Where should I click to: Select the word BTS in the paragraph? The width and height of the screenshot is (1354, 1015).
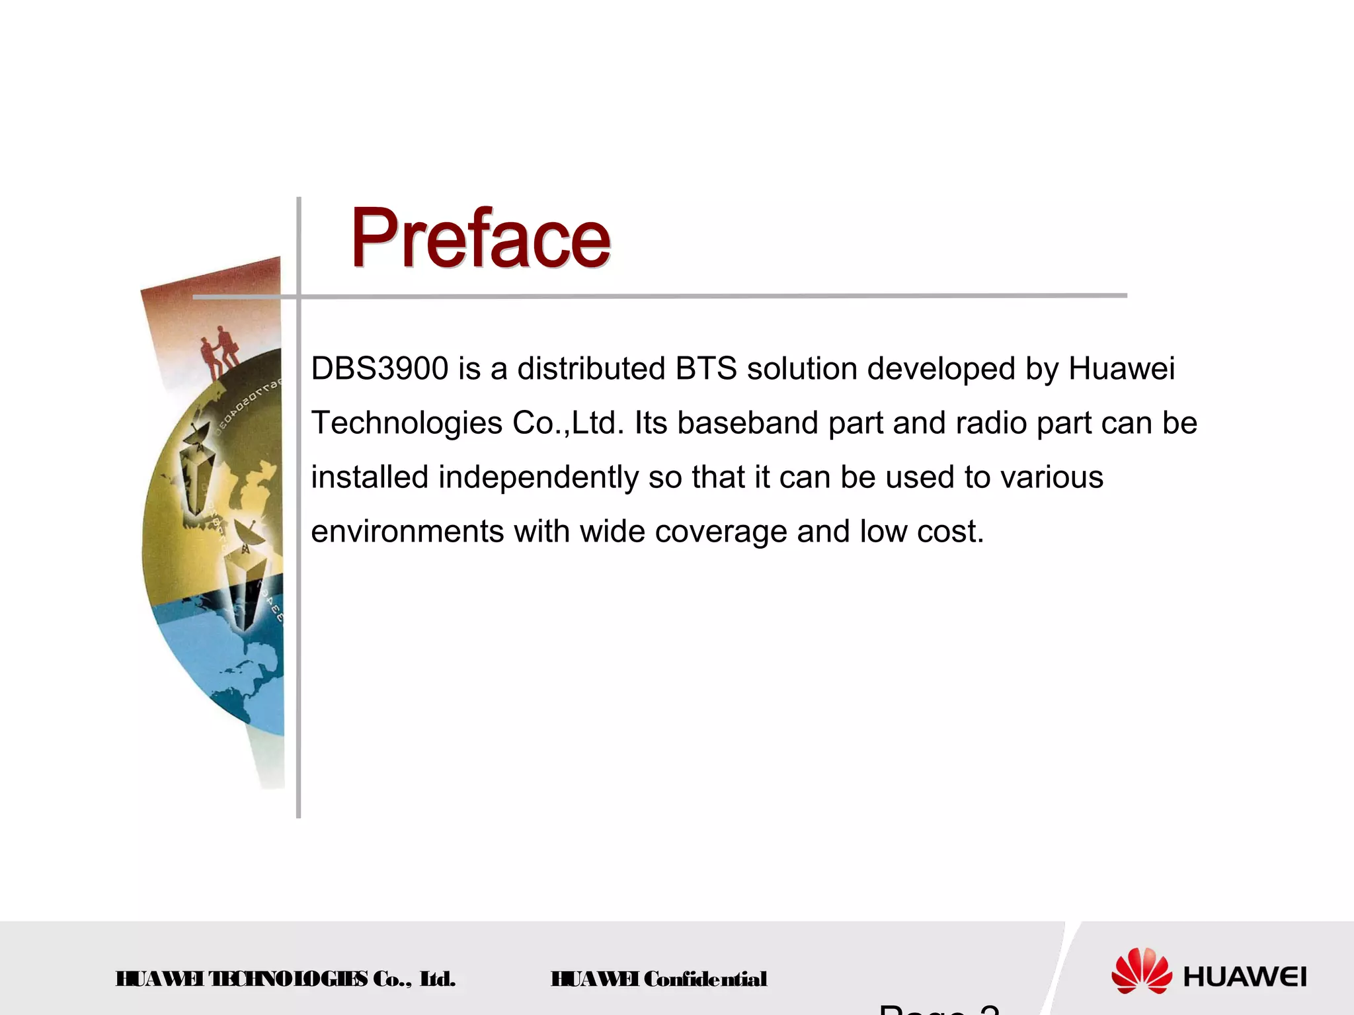tap(705, 369)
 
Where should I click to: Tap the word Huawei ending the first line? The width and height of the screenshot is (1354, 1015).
tap(1121, 369)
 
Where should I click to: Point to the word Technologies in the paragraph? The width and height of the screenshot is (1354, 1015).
tap(406, 424)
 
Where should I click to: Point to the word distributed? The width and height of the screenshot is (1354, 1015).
tap(590, 369)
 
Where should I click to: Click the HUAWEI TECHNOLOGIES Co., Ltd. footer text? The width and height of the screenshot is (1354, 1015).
tap(285, 979)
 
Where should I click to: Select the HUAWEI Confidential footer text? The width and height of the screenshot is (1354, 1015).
tap(658, 979)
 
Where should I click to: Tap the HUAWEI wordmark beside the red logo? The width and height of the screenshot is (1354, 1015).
tap(1244, 977)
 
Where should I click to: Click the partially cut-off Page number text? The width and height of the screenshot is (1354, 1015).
tap(939, 1008)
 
